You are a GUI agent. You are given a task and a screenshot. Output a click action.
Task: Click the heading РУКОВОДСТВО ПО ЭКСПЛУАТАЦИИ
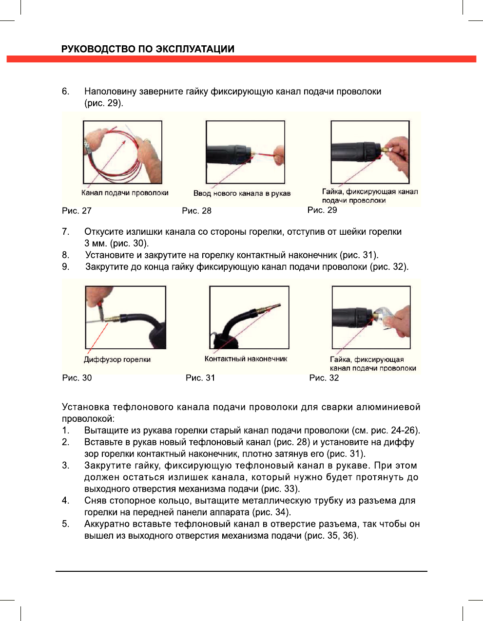(148, 49)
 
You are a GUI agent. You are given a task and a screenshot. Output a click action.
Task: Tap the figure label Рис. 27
(77, 211)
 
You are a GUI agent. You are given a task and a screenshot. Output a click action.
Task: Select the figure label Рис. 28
(196, 211)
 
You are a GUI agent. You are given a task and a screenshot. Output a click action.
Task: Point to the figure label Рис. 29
(322, 210)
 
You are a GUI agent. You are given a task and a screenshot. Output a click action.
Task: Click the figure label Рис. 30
(77, 378)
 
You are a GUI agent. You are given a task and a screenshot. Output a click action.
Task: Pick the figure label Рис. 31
(200, 378)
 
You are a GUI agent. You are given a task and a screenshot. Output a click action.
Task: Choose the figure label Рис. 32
(324, 378)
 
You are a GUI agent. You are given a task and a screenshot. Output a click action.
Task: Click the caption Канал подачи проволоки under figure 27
(125, 193)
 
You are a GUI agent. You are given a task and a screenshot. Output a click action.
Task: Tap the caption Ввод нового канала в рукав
(242, 193)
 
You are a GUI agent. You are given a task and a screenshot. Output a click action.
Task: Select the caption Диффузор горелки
(117, 359)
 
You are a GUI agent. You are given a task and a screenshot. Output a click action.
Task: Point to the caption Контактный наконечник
(246, 359)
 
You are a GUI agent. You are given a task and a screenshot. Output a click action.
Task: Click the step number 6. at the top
(65, 92)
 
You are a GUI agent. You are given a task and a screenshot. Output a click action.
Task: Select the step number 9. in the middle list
(65, 267)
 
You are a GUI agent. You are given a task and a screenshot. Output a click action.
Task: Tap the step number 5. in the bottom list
(65, 524)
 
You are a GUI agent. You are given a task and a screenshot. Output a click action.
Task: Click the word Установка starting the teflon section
(85, 407)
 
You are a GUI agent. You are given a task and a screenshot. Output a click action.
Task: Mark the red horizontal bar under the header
(241, 59)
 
